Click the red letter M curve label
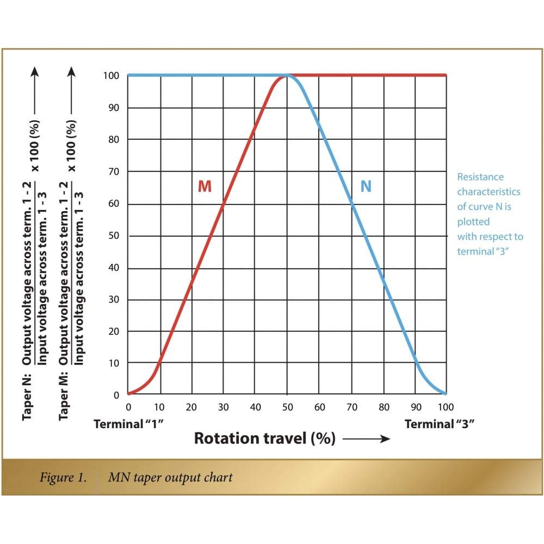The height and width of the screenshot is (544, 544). [x=205, y=186]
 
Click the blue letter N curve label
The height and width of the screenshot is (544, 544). [x=366, y=186]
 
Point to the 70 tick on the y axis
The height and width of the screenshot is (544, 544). [x=114, y=171]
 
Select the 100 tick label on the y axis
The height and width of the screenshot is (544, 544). [x=111, y=76]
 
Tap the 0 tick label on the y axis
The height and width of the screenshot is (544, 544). [x=116, y=395]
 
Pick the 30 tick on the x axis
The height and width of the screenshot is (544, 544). [x=224, y=407]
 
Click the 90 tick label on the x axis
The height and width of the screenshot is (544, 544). [x=416, y=407]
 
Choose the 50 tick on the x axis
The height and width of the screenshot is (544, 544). [x=288, y=407]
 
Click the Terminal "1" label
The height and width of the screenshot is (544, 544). [x=128, y=424]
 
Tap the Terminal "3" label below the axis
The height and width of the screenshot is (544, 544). [x=439, y=424]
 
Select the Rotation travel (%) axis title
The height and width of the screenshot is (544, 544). [x=265, y=438]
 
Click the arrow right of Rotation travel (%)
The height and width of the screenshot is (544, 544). [x=366, y=439]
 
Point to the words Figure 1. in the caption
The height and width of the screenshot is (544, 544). [x=63, y=478]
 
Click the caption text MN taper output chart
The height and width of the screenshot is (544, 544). [x=170, y=478]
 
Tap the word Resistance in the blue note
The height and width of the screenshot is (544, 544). [x=480, y=177]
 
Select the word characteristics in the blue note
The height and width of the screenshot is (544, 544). [x=489, y=192]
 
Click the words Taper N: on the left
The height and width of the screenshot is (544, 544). [x=27, y=397]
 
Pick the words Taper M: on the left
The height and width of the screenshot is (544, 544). [x=64, y=396]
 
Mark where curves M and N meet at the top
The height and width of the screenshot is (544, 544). [x=288, y=75]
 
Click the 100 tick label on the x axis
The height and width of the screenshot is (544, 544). [x=446, y=407]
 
